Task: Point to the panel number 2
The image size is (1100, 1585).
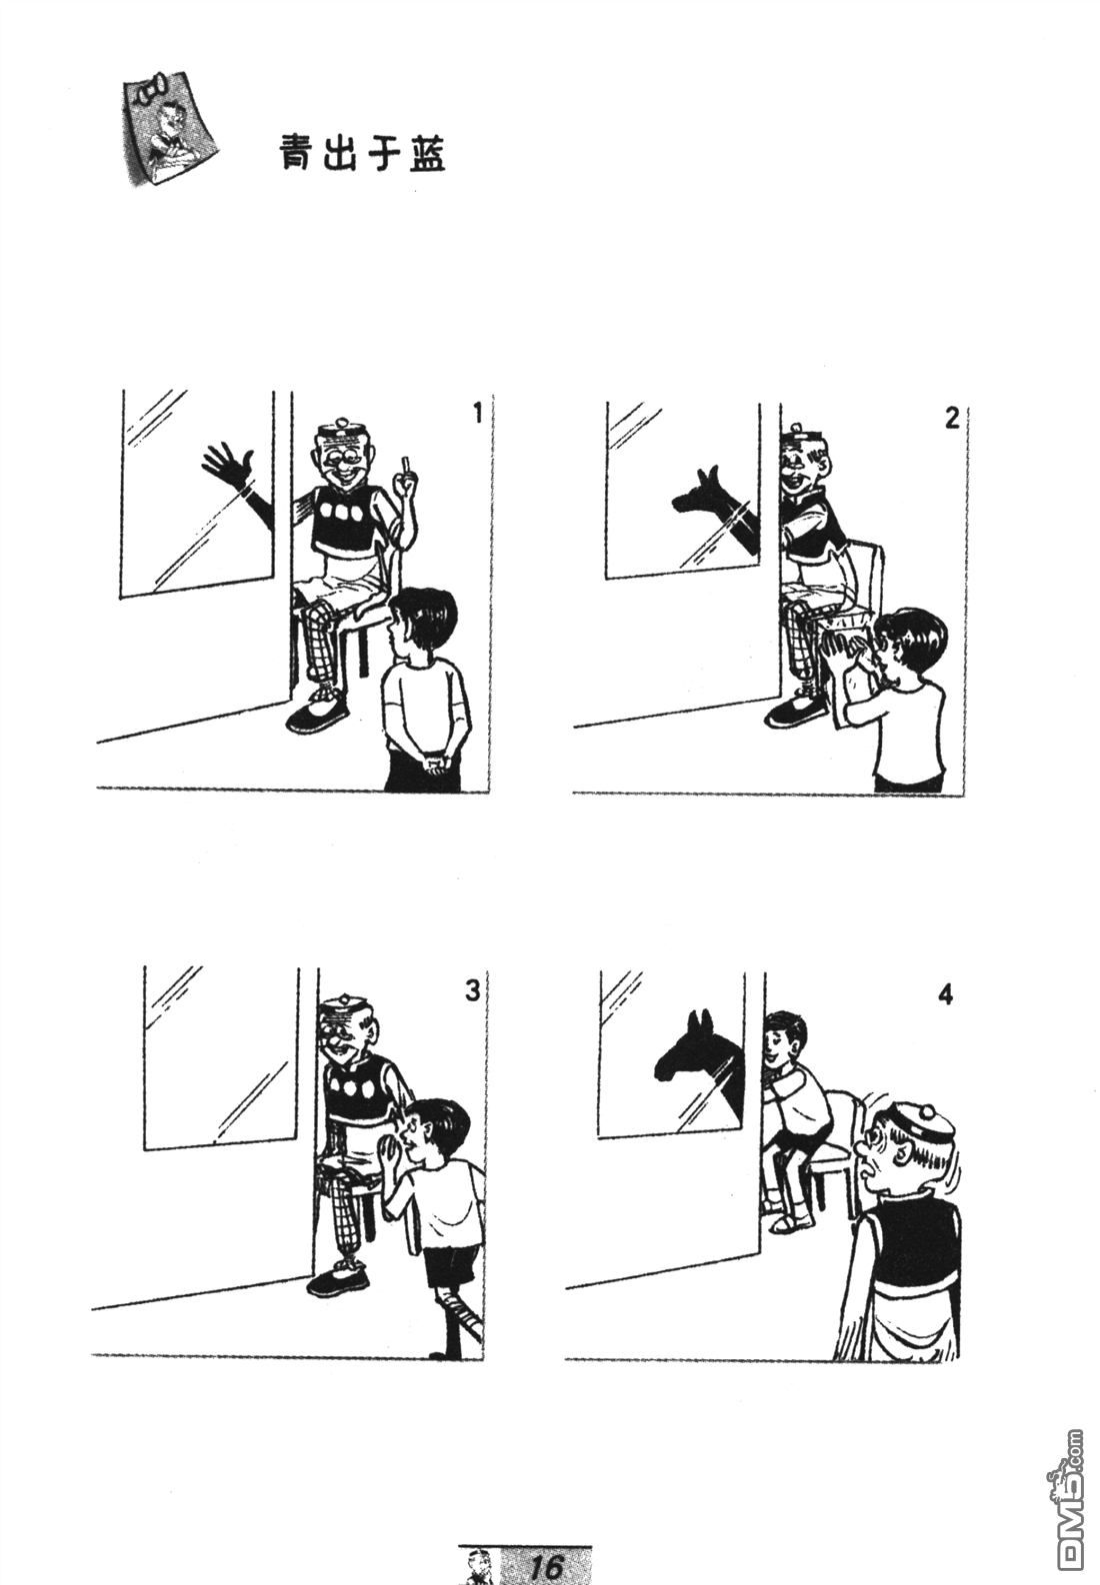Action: tap(951, 419)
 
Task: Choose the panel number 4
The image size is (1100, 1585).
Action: tap(945, 995)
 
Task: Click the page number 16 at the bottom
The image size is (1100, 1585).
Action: tap(549, 1566)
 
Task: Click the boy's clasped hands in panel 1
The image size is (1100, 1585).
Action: tap(437, 764)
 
